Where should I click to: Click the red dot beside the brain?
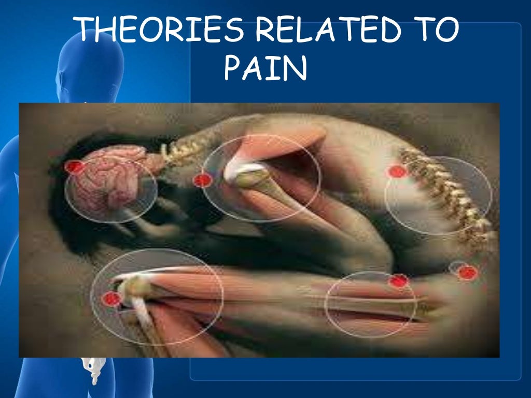pos(74,167)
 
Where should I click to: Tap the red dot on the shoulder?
pos(202,180)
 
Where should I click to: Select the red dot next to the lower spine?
pos(397,172)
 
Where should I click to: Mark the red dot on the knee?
pos(110,298)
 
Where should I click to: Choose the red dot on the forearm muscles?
pos(398,281)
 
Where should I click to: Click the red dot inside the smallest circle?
pos(467,273)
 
